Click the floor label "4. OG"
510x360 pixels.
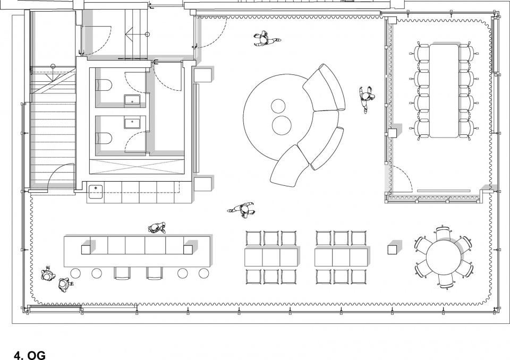(x=30, y=355)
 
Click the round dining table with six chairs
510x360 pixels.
(x=444, y=257)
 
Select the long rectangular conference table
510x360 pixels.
(x=444, y=91)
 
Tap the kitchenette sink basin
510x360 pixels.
(x=96, y=192)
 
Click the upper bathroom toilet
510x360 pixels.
(x=104, y=85)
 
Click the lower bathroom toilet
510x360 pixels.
(x=104, y=138)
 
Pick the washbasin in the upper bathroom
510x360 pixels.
(x=132, y=100)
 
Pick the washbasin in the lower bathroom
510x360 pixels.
(x=132, y=123)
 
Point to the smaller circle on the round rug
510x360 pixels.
(x=278, y=106)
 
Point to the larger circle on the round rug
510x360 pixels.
(x=282, y=125)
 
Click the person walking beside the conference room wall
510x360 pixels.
(x=366, y=99)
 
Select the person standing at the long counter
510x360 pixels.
(x=157, y=228)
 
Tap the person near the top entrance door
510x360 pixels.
(x=266, y=39)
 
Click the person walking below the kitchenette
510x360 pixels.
(x=242, y=210)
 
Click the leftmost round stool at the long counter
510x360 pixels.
(x=75, y=273)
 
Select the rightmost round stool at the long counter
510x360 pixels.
(x=203, y=273)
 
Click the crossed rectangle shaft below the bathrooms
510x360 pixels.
(x=137, y=167)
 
